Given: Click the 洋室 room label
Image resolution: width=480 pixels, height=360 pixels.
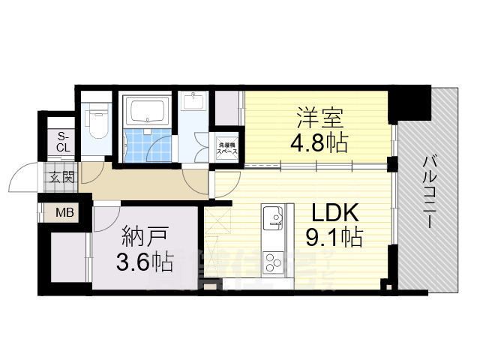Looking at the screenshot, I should pos(319,118).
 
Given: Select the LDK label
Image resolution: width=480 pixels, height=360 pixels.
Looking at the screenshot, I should pos(329,213).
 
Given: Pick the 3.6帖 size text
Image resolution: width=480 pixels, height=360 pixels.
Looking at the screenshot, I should pos(142,262).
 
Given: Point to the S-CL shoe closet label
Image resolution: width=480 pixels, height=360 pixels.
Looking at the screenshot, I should pos(63,141).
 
